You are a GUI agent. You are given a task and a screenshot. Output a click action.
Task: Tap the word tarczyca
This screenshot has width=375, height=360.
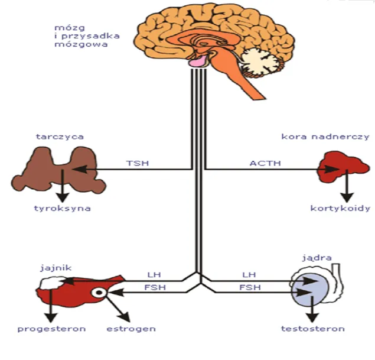[x=60, y=137]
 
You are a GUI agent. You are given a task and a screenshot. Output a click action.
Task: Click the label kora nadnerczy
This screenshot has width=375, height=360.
[x=333, y=137]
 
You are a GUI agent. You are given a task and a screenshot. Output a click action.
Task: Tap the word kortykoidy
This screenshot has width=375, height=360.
[x=340, y=208]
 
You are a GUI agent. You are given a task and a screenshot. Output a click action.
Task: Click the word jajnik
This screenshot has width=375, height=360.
[x=57, y=267]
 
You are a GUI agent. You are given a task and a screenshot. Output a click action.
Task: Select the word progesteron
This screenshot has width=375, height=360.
[x=51, y=329]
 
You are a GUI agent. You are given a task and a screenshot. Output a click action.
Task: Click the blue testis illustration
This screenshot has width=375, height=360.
[x=310, y=290]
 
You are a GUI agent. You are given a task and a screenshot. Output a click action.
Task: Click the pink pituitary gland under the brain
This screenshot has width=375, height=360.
[x=197, y=61]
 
